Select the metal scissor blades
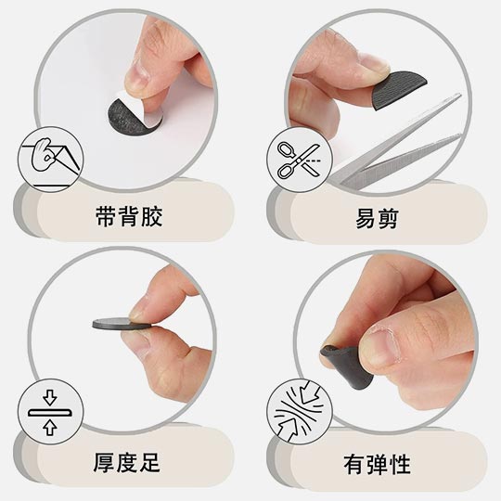399,148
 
